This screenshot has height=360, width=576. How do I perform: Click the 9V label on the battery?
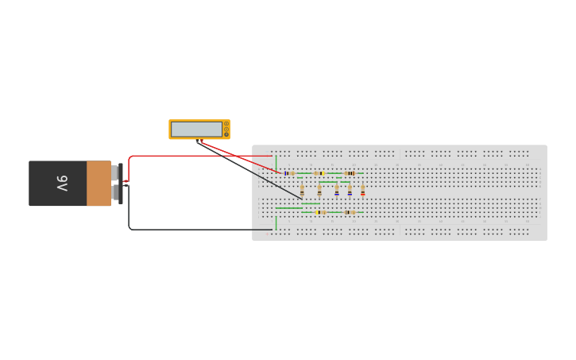click(63, 184)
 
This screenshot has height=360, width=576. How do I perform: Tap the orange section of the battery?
click(99, 184)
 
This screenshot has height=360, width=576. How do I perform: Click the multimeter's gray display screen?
click(196, 130)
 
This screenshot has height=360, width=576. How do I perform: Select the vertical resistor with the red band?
click(362, 190)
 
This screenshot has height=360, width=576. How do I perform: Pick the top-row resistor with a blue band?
click(290, 173)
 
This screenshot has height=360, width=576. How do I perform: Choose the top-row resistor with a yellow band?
click(319, 173)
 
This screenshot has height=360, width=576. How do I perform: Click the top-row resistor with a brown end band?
click(350, 173)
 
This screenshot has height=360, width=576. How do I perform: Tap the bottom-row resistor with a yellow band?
click(320, 212)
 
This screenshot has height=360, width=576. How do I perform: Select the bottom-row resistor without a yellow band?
click(350, 212)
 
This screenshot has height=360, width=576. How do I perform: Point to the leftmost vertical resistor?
click(302, 190)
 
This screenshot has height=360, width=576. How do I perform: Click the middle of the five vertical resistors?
click(337, 190)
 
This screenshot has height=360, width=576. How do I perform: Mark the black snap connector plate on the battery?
click(121, 184)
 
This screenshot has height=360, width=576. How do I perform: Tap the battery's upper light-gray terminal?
click(114, 173)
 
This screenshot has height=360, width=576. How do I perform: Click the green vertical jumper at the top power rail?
click(276, 163)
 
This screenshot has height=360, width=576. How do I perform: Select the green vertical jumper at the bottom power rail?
click(276, 223)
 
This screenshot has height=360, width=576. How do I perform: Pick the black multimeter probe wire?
click(249, 169)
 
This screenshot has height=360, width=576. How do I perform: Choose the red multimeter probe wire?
click(241, 157)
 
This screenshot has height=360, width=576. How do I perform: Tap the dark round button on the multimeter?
click(226, 135)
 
